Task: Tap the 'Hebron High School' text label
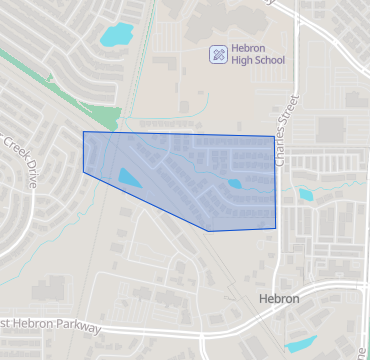(x=257, y=54)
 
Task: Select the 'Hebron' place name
(x=278, y=299)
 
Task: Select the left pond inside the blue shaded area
(x=129, y=178)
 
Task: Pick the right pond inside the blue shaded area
(x=235, y=183)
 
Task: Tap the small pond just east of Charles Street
(x=304, y=194)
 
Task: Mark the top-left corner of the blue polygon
(x=83, y=131)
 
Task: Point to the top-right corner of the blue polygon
(x=272, y=136)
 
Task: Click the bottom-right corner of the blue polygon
(x=275, y=228)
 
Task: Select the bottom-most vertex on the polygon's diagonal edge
(x=208, y=231)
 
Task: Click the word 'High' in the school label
(x=242, y=60)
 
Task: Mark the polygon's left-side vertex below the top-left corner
(x=83, y=172)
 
